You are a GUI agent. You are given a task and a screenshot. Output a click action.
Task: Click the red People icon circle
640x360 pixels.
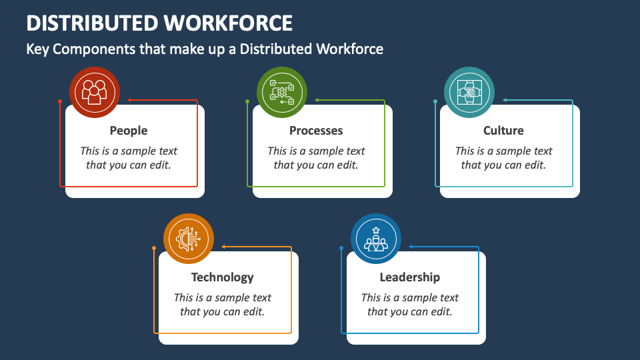[x=95, y=92]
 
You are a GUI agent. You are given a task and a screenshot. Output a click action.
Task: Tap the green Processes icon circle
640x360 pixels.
[x=282, y=92]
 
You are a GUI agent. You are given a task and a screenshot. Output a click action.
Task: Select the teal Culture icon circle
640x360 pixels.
[x=469, y=92]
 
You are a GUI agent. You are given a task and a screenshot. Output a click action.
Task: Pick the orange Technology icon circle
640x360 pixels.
[x=189, y=239]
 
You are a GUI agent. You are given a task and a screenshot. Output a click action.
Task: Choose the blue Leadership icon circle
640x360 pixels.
[x=376, y=239]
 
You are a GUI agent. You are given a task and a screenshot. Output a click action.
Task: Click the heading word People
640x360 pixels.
[x=129, y=131]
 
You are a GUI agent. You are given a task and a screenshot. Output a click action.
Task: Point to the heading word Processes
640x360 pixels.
[x=316, y=131]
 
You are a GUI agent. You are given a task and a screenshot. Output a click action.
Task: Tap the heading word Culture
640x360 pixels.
[x=503, y=131]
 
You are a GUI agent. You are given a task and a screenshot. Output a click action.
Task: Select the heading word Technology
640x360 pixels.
[x=223, y=277]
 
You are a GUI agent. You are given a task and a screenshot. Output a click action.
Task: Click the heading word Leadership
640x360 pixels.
[x=410, y=277]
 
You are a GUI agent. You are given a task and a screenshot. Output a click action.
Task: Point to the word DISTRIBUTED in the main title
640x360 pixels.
[x=93, y=23]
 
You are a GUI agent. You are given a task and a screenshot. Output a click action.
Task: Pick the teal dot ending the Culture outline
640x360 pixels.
[x=435, y=102]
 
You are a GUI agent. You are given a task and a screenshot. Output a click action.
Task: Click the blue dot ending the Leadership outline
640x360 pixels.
[x=341, y=249]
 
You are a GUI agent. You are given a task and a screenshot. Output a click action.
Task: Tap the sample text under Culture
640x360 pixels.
[x=503, y=158]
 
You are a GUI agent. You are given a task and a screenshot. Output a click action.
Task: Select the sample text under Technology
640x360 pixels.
[x=223, y=305]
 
